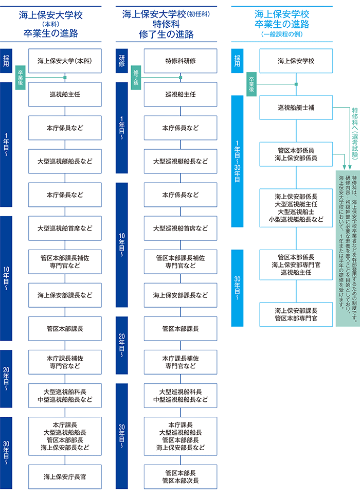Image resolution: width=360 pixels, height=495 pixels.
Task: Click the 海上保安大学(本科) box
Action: pos(65,61)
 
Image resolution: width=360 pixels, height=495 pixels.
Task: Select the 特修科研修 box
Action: pos(180,61)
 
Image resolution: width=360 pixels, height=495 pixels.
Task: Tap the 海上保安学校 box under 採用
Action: pos(296,61)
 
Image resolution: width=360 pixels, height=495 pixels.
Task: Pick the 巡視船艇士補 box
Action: pos(296,108)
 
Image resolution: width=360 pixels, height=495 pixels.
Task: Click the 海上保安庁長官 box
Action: pos(65,476)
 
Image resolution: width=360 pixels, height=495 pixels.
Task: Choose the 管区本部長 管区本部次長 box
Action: pos(180,476)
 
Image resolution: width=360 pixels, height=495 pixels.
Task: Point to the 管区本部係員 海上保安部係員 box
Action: pos(296,154)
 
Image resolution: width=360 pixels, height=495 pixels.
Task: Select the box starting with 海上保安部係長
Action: pos(296,207)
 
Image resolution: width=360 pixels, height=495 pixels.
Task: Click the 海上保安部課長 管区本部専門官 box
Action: pos(296,314)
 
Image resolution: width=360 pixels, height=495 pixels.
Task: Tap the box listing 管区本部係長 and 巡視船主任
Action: pos(296,264)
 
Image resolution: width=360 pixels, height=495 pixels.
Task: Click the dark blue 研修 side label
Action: pos(121,61)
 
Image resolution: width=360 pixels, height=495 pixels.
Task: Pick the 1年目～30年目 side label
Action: pos(237,161)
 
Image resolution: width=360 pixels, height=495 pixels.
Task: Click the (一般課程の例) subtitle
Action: pos(281,34)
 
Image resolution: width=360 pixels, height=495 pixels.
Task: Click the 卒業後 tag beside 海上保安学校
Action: pos(251,82)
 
